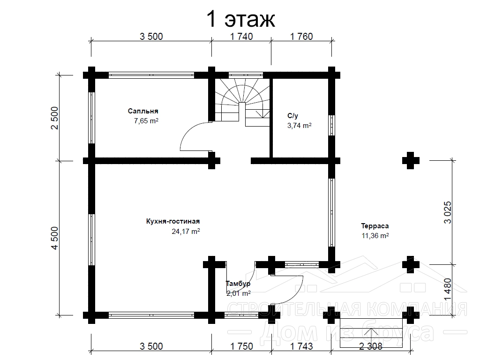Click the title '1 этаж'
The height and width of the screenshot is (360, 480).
241,19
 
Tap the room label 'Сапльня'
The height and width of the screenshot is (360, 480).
143,111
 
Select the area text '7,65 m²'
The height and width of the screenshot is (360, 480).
146,121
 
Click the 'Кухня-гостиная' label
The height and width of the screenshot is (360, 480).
173,221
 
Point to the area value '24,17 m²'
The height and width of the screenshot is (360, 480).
186,232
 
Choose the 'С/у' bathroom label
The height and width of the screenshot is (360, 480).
292,116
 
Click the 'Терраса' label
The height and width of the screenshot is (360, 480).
375,226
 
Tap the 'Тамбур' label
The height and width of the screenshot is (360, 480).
238,284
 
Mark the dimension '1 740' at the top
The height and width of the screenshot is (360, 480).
241,37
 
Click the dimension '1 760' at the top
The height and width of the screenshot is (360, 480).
301,37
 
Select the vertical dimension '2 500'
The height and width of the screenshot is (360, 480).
54,118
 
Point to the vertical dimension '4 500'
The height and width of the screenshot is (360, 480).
54,238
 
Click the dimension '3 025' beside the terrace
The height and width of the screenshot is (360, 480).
448,212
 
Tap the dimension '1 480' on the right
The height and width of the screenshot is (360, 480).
448,290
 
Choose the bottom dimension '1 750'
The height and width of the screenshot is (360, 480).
241,346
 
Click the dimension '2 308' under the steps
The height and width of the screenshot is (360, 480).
371,346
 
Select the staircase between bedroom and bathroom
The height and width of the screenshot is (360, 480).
242,102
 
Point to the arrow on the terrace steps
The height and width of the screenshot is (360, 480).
371,337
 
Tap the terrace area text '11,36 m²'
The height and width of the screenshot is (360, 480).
375,236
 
